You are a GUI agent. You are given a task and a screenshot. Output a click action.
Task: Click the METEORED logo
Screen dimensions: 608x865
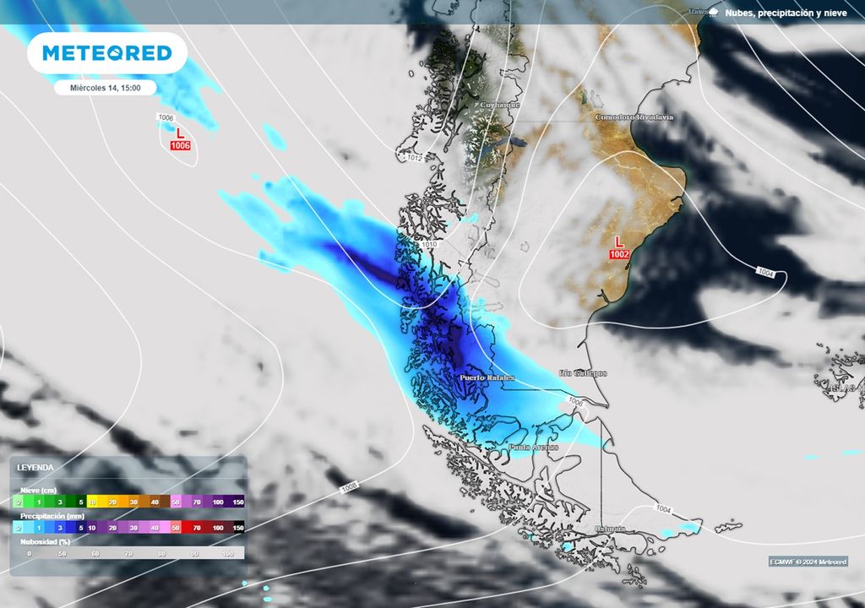(x=107, y=53)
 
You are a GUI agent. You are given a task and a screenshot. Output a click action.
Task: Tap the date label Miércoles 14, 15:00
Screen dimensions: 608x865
(x=105, y=87)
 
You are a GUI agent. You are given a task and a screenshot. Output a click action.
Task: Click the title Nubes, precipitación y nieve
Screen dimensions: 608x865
(x=785, y=13)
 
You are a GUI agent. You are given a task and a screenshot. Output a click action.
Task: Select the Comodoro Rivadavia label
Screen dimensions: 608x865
(x=634, y=117)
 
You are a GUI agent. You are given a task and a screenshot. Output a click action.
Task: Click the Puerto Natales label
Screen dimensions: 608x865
(x=487, y=377)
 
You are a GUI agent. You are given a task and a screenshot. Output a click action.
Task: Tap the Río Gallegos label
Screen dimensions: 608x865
(x=583, y=372)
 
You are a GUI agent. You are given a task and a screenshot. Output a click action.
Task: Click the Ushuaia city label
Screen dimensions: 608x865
(x=609, y=529)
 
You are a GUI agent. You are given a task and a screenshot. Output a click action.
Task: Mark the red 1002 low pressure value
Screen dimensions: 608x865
(x=619, y=254)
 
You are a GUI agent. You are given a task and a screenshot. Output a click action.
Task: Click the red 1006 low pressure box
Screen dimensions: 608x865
(x=180, y=146)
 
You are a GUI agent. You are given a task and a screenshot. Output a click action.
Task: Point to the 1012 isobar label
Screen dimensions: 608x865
(x=414, y=158)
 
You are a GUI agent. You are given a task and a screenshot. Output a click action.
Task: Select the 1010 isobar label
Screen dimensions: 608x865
(x=429, y=245)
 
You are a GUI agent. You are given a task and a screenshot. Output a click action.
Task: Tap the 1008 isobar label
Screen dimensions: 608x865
(x=349, y=487)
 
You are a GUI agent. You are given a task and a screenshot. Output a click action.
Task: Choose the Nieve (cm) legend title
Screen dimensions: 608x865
(x=38, y=490)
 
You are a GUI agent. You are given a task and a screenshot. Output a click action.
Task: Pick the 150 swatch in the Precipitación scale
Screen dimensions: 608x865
(x=238, y=527)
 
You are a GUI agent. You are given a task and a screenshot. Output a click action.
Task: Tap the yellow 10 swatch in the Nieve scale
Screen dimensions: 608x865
(x=91, y=502)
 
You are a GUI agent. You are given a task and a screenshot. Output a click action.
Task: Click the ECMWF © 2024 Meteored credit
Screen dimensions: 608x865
(x=808, y=562)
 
